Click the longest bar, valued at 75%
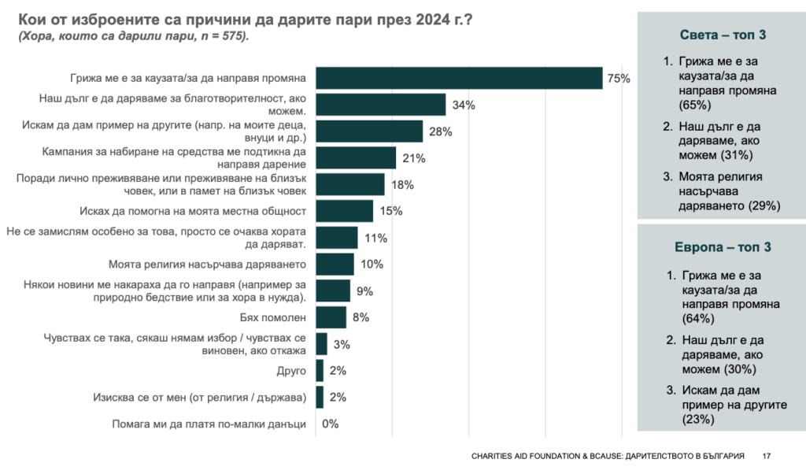click(459, 77)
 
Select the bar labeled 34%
click(380, 104)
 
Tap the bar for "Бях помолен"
click(331, 317)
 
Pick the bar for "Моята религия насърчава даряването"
click(335, 264)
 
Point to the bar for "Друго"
click(320, 371)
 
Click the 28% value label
click(441, 131)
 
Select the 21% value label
click(414, 158)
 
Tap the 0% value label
click(330, 424)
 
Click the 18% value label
click(402, 185)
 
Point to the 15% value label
click(391, 211)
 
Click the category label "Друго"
click(290, 371)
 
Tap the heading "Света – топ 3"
click(723, 35)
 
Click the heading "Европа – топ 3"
click(723, 247)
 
